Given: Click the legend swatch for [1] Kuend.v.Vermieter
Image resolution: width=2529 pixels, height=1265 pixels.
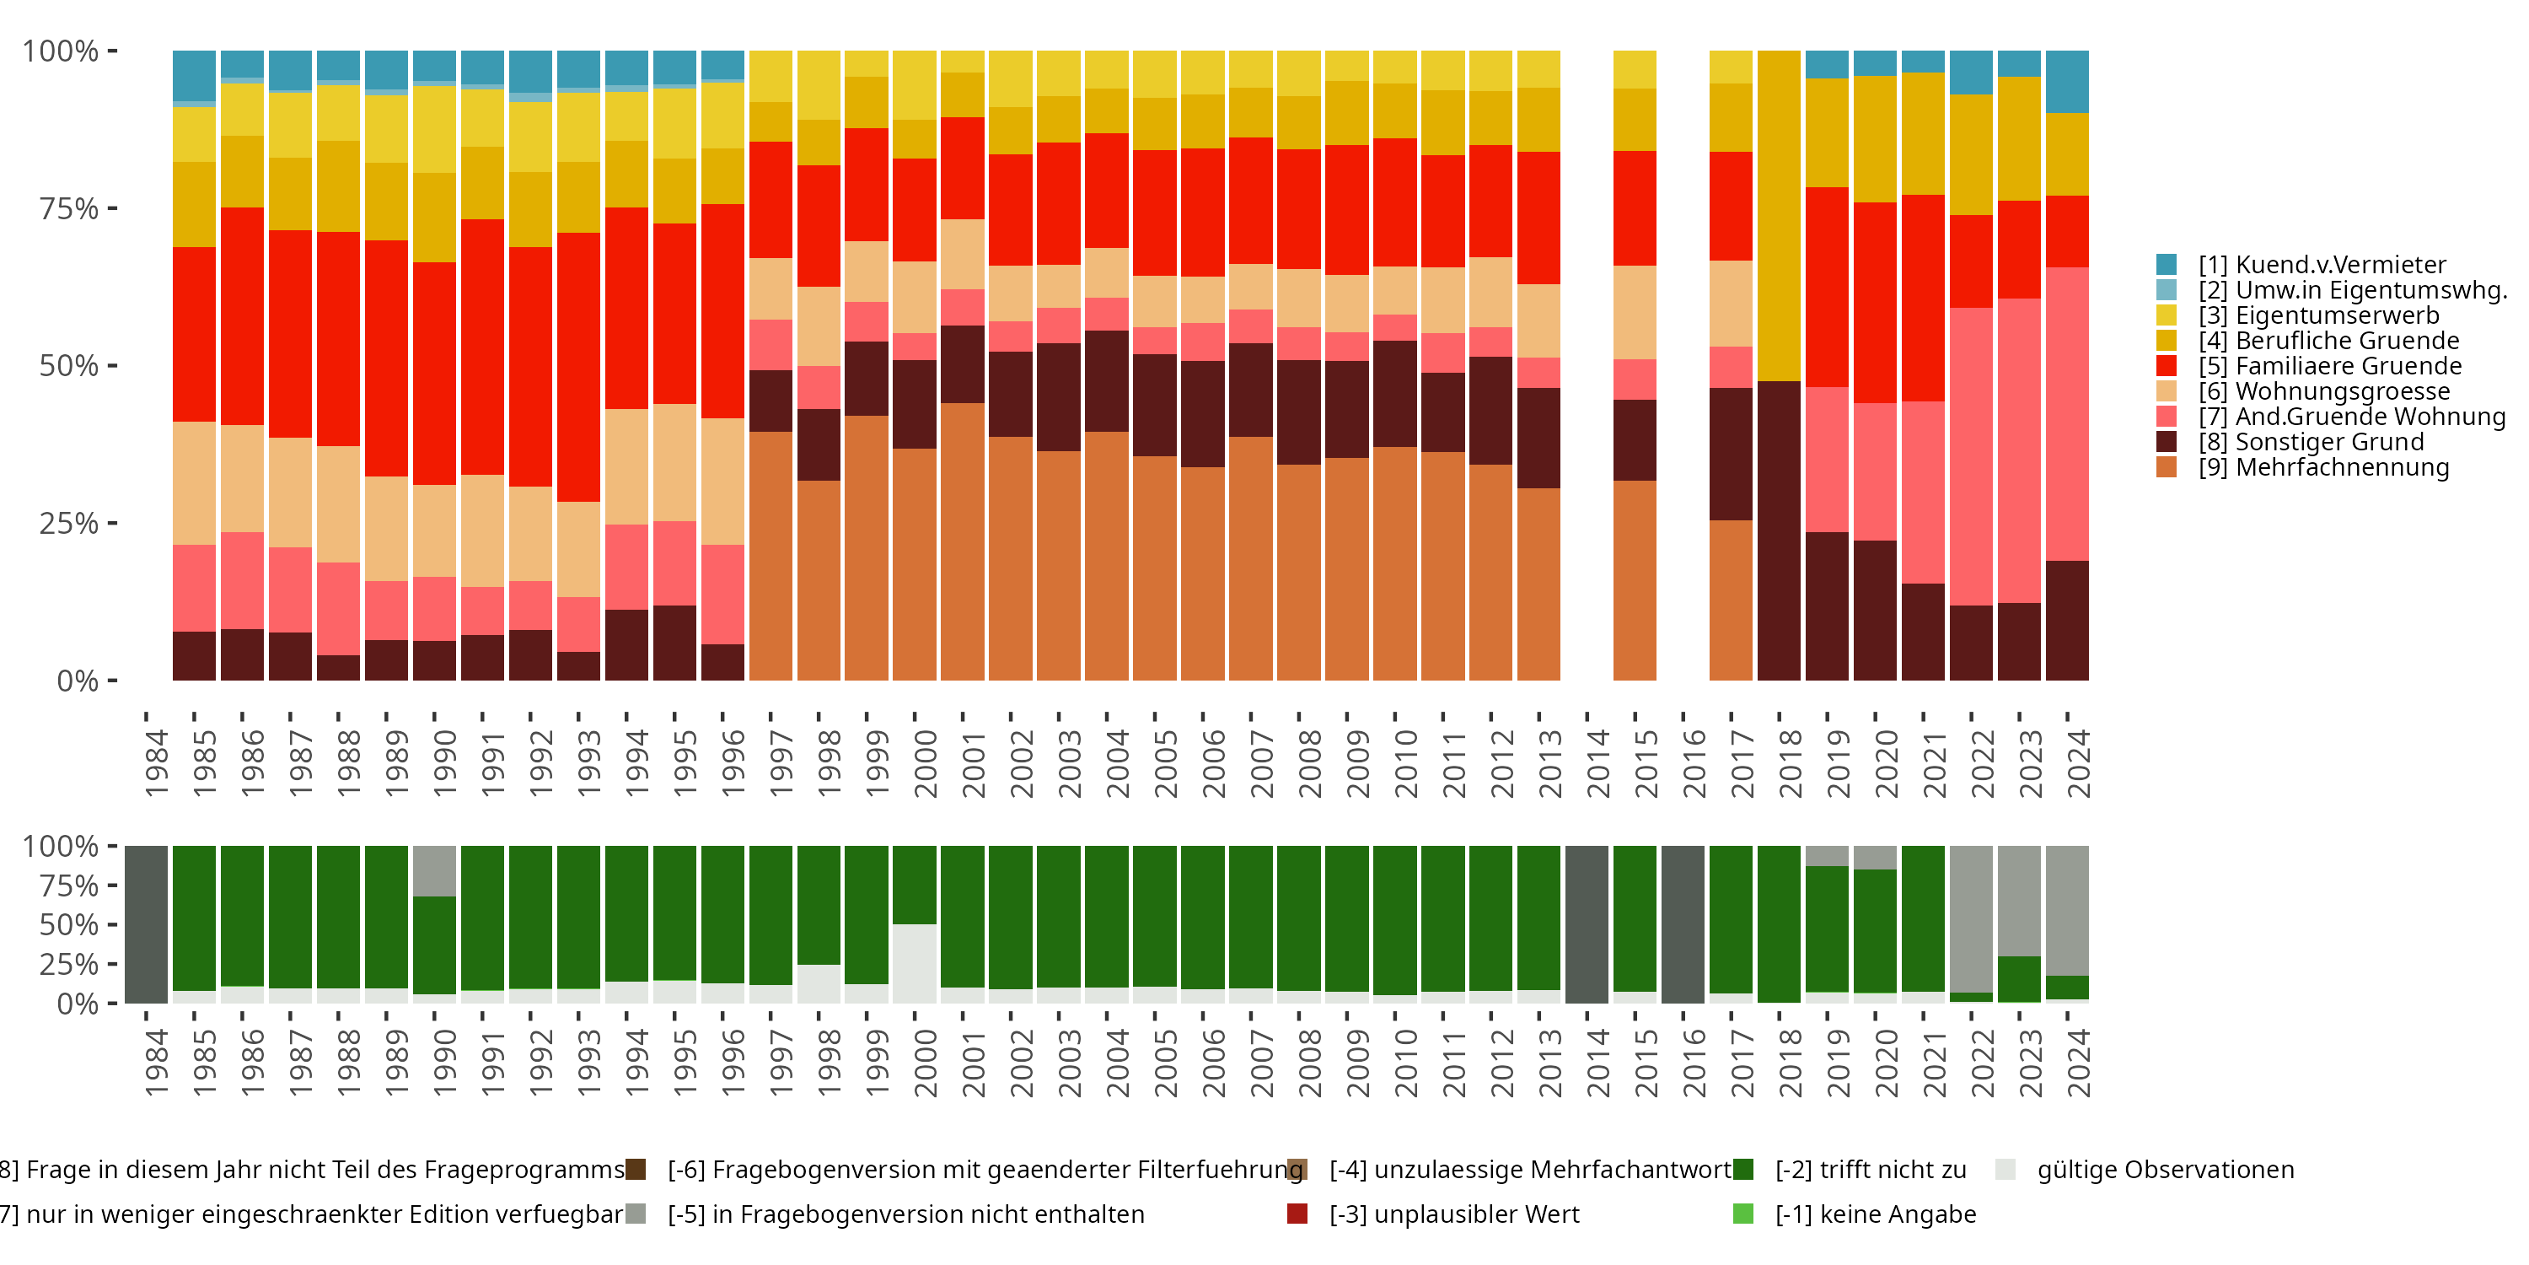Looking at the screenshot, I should point(2166,264).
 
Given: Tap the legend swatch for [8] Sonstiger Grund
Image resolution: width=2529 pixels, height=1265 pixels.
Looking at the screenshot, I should point(2166,442).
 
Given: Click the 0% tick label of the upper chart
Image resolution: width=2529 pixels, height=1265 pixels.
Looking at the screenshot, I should point(78,681).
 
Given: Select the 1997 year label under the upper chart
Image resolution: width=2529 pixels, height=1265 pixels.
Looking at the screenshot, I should point(781,764).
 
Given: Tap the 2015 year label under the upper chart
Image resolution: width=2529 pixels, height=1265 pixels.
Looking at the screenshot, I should point(1646,764).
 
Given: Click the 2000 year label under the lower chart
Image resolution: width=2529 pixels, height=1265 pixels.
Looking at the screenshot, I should point(926,1063).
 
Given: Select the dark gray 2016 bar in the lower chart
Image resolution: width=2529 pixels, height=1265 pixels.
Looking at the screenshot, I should point(1683,924).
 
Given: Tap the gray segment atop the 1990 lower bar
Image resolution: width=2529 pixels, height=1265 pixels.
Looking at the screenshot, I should point(434,870).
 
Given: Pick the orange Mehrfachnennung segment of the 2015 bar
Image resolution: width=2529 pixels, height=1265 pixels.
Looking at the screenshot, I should point(1635,579).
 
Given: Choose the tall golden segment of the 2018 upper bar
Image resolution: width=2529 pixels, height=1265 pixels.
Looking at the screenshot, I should point(1779,216).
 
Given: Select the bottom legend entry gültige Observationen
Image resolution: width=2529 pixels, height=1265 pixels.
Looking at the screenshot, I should point(2165,1170).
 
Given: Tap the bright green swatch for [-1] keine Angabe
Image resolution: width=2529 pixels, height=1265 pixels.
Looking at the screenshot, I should point(1743,1214).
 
